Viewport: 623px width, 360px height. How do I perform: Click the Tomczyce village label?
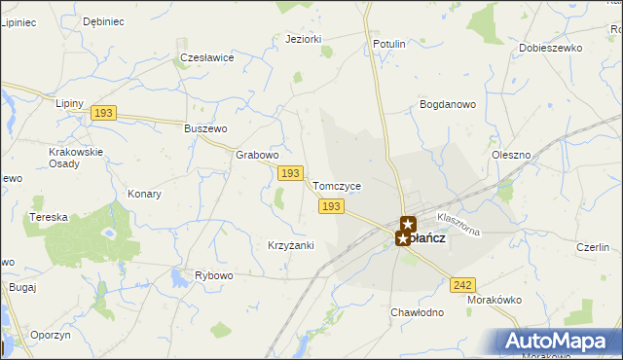pyautogui.click(x=337, y=186)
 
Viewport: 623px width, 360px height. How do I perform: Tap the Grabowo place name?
pyautogui.click(x=258, y=155)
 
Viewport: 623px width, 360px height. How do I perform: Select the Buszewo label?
pyautogui.click(x=205, y=128)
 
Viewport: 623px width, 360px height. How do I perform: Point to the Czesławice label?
pyautogui.click(x=207, y=57)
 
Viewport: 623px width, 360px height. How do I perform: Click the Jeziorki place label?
pyautogui.click(x=304, y=40)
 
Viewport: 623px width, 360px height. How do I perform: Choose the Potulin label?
pyautogui.click(x=388, y=45)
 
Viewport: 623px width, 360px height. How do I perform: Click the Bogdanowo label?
pyautogui.click(x=447, y=103)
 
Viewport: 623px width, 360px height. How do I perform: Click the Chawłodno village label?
pyautogui.click(x=417, y=312)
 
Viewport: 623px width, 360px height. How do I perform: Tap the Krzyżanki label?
pyautogui.click(x=290, y=245)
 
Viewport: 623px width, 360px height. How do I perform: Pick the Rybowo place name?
pyautogui.click(x=214, y=275)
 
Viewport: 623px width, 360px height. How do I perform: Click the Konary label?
pyautogui.click(x=144, y=194)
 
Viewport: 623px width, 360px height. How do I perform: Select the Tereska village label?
pyautogui.click(x=48, y=217)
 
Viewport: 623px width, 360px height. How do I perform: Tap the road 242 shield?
pyautogui.click(x=462, y=284)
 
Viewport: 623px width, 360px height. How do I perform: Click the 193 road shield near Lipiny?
pyautogui.click(x=104, y=114)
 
